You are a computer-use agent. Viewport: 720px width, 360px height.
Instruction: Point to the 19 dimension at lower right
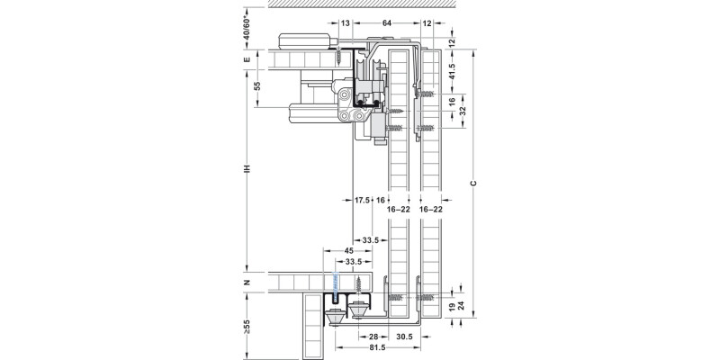pos(451,308)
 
